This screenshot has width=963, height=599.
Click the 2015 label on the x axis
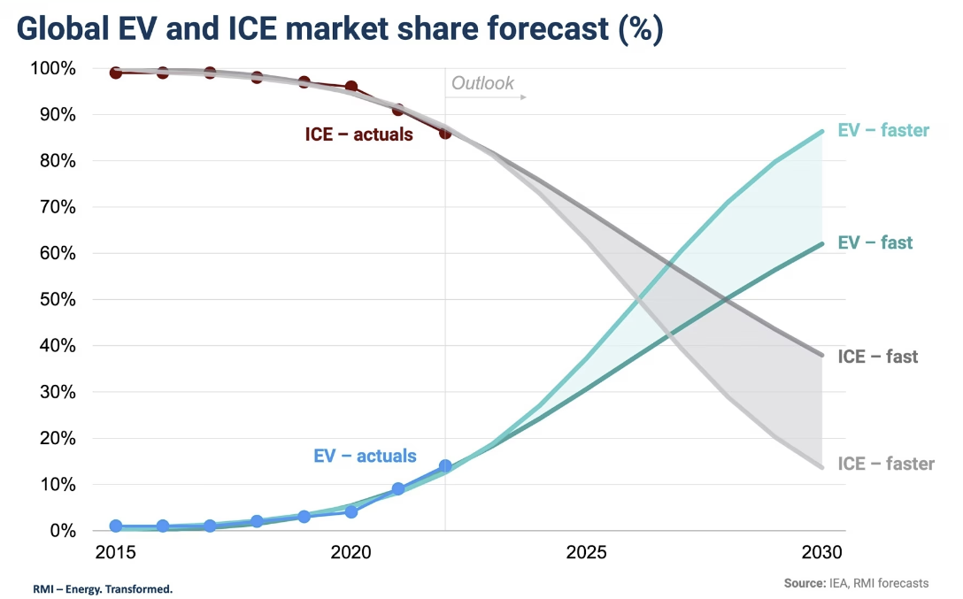click(115, 552)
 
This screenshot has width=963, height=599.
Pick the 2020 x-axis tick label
click(351, 552)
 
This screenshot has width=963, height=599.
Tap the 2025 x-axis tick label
click(587, 552)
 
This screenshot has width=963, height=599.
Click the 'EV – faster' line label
click(882, 131)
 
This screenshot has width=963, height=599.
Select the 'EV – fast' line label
click(874, 242)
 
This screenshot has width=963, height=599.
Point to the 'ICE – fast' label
click(877, 357)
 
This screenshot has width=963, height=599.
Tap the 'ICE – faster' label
click(885, 464)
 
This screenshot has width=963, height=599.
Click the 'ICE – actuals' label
click(358, 135)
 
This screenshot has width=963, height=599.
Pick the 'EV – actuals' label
click(365, 457)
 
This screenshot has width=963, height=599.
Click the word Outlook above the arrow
click(482, 83)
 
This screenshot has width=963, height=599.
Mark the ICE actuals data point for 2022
click(445, 133)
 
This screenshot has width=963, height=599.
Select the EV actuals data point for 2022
click(445, 466)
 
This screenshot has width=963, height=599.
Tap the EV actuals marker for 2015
click(115, 526)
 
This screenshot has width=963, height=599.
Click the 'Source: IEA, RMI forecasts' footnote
click(856, 583)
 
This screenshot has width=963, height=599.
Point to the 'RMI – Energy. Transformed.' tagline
click(103, 588)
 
